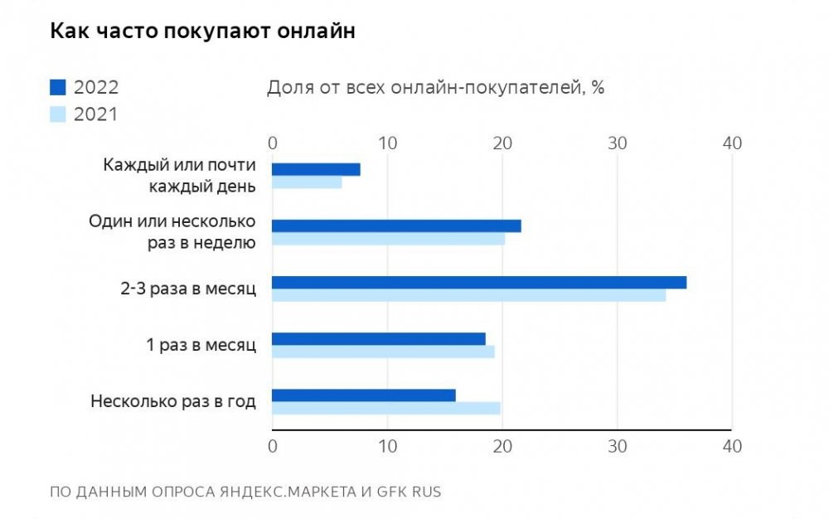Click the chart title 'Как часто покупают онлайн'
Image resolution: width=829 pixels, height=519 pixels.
coord(203,32)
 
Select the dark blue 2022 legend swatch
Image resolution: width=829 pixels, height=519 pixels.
coord(57,87)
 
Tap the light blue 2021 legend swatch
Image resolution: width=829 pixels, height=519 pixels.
coord(57,114)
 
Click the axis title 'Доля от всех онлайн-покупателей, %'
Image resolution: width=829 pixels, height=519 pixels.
coord(435,88)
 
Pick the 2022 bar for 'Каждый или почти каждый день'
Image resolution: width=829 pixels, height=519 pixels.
coord(316,169)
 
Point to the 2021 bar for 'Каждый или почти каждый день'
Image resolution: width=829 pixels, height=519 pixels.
coord(307,182)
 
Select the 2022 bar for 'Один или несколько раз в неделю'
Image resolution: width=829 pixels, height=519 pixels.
coord(396,226)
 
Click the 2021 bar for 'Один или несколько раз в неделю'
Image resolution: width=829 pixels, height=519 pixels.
coord(388,239)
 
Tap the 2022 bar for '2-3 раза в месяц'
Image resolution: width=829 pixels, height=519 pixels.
coord(479,282)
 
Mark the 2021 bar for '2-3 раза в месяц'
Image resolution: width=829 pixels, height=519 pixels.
coord(468,295)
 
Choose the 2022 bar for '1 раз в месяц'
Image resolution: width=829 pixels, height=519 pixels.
coord(379,338)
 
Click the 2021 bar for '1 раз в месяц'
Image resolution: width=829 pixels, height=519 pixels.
coord(383,352)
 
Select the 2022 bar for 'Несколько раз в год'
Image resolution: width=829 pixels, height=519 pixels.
coord(364,395)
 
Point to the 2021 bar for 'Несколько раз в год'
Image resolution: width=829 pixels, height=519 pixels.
coord(385,408)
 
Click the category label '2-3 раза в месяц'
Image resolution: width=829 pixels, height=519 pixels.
coord(188,289)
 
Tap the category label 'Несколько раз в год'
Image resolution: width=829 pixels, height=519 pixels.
coord(173,402)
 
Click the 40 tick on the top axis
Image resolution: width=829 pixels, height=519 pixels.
coord(731,143)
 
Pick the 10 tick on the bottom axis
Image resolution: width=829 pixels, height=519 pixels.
coord(387,446)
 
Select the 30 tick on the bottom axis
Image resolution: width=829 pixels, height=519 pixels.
coord(617,446)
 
